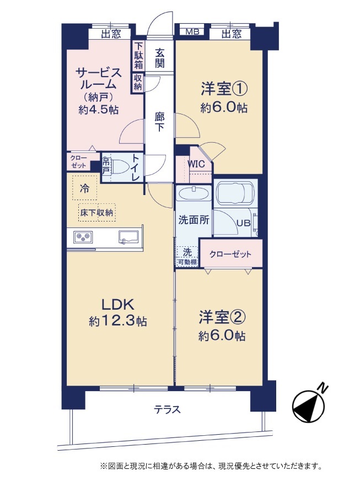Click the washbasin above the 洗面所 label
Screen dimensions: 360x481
pos(194,193)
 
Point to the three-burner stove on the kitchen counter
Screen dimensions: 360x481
pos(83,236)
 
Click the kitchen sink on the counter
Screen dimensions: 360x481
pos(129,236)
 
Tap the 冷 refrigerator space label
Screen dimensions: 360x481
pos(85,188)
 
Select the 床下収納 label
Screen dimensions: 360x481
pos(96,212)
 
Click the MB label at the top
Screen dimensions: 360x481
pos(193,31)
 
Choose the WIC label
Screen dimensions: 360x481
pos(196,164)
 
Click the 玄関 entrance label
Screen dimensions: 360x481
pos(159,58)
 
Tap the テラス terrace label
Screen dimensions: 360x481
pos(168,409)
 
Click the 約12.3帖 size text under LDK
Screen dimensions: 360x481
pos(118,321)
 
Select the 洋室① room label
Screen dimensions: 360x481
pos(224,89)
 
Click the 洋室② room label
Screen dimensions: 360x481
pos(222,317)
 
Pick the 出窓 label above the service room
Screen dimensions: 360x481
pos(111,34)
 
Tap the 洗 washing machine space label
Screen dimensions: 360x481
pos(187,252)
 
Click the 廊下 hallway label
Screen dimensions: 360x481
pos(159,122)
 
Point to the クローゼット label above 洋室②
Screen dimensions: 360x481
pos(230,255)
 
